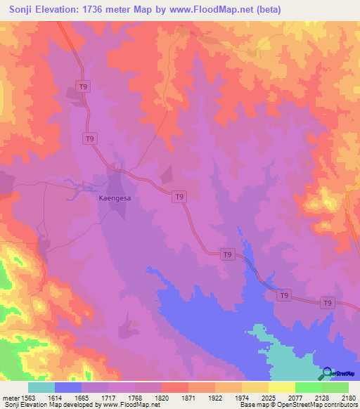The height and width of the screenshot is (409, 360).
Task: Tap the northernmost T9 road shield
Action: tap(84, 86)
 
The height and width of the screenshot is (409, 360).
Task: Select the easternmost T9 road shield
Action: tap(327, 303)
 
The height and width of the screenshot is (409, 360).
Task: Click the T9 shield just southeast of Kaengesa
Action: tap(179, 197)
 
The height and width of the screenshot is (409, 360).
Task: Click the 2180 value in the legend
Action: tap(348, 397)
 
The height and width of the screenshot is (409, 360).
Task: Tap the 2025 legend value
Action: tap(268, 397)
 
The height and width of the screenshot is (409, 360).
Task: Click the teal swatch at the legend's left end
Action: tap(41, 387)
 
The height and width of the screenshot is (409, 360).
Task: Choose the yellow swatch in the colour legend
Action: tap(281, 387)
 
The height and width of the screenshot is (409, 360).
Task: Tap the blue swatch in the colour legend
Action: tap(68, 387)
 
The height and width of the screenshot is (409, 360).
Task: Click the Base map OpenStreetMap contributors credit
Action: tap(298, 405)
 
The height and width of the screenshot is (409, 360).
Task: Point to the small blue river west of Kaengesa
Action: tap(74, 185)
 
